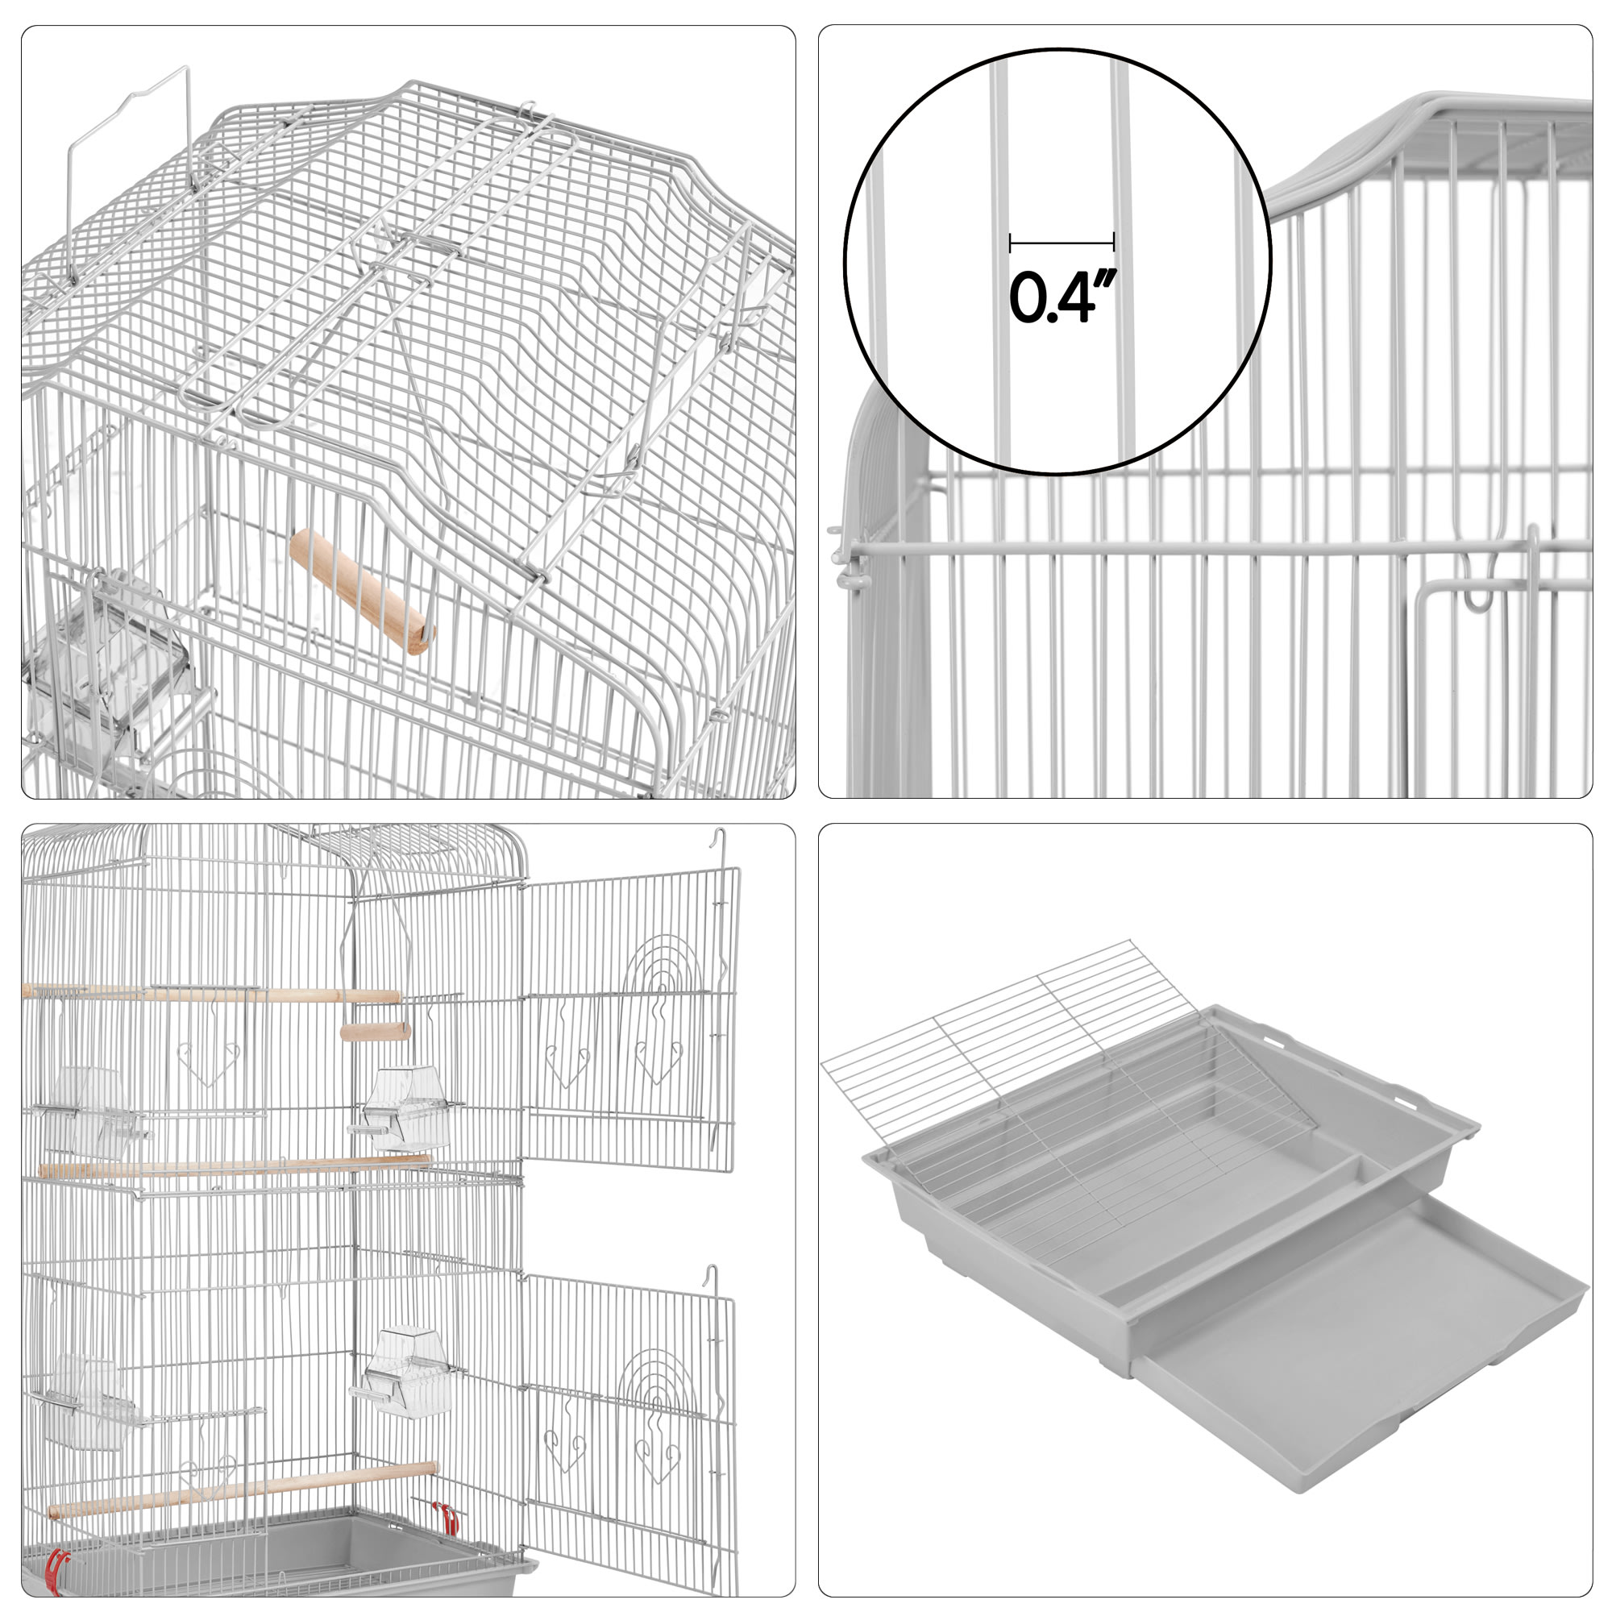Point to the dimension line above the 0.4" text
(x=1062, y=243)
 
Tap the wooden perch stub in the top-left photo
(x=362, y=592)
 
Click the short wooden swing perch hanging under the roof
(x=376, y=1032)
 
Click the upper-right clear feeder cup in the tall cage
(x=405, y=1107)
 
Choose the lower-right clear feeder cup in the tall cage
(x=404, y=1374)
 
